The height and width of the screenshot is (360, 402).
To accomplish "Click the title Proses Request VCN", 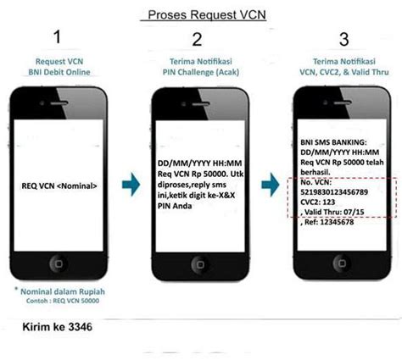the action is click(x=207, y=14).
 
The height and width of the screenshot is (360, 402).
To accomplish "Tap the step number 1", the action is click(x=58, y=37).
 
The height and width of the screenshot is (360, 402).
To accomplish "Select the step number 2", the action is click(x=197, y=40).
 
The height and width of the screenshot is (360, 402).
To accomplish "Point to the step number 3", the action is click(x=344, y=39).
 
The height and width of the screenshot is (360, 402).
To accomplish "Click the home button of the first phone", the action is click(x=59, y=263).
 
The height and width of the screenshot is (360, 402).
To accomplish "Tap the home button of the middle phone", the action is click(x=200, y=264).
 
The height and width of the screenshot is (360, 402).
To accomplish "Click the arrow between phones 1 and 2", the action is click(x=131, y=185).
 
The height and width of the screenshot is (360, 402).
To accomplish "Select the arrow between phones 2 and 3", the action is click(x=271, y=185).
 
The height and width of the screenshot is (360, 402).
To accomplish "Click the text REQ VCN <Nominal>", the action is click(x=59, y=186).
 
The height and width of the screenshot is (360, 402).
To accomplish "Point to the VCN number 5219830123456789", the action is click(x=334, y=192).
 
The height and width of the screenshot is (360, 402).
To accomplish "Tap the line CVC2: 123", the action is click(x=318, y=202).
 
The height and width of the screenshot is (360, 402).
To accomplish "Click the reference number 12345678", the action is click(x=337, y=222).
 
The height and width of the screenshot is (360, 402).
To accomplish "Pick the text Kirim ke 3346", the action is click(x=58, y=327).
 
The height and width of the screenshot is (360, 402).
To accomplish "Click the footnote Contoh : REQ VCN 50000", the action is click(x=63, y=301).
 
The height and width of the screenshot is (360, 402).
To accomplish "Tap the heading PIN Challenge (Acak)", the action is click(x=201, y=72).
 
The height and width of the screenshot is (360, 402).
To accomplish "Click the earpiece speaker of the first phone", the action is click(x=59, y=103).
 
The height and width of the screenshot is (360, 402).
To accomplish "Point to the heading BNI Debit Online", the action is click(x=59, y=72).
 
